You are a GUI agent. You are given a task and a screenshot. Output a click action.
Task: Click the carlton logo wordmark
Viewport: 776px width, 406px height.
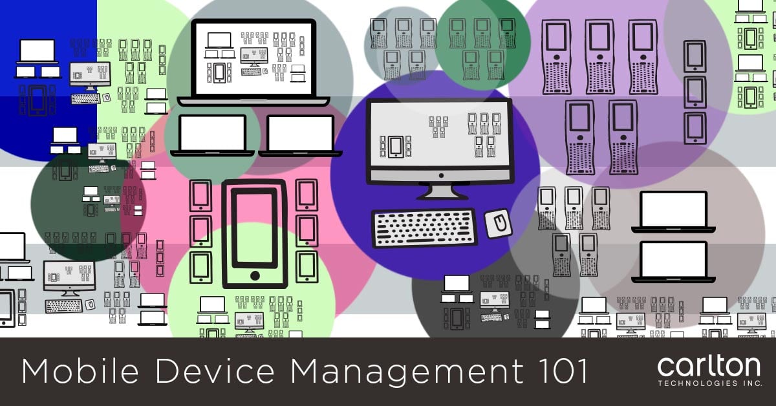click(x=709, y=367)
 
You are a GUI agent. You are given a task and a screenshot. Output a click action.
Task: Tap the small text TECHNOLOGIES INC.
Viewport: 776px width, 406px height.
click(x=709, y=383)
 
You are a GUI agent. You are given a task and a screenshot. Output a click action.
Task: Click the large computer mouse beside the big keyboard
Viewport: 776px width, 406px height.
click(x=499, y=224)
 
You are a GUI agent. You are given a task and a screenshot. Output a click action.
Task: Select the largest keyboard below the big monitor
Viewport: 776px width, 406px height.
click(x=424, y=228)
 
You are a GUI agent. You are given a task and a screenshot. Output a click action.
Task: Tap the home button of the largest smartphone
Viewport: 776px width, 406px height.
click(x=255, y=275)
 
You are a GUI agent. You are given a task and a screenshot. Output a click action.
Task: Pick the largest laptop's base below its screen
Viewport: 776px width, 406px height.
click(x=253, y=101)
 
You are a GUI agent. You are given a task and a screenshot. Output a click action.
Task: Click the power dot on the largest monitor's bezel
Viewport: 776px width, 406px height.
click(x=440, y=175)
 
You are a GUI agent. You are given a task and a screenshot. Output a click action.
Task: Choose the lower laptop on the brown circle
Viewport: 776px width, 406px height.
click(x=673, y=261)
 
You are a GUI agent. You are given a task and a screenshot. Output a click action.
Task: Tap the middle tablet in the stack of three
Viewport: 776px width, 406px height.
click(x=695, y=92)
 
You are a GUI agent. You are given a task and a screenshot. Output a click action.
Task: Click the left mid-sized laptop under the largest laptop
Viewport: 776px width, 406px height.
click(x=212, y=135)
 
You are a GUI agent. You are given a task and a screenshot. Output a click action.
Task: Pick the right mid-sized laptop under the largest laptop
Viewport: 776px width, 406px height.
click(x=300, y=135)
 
